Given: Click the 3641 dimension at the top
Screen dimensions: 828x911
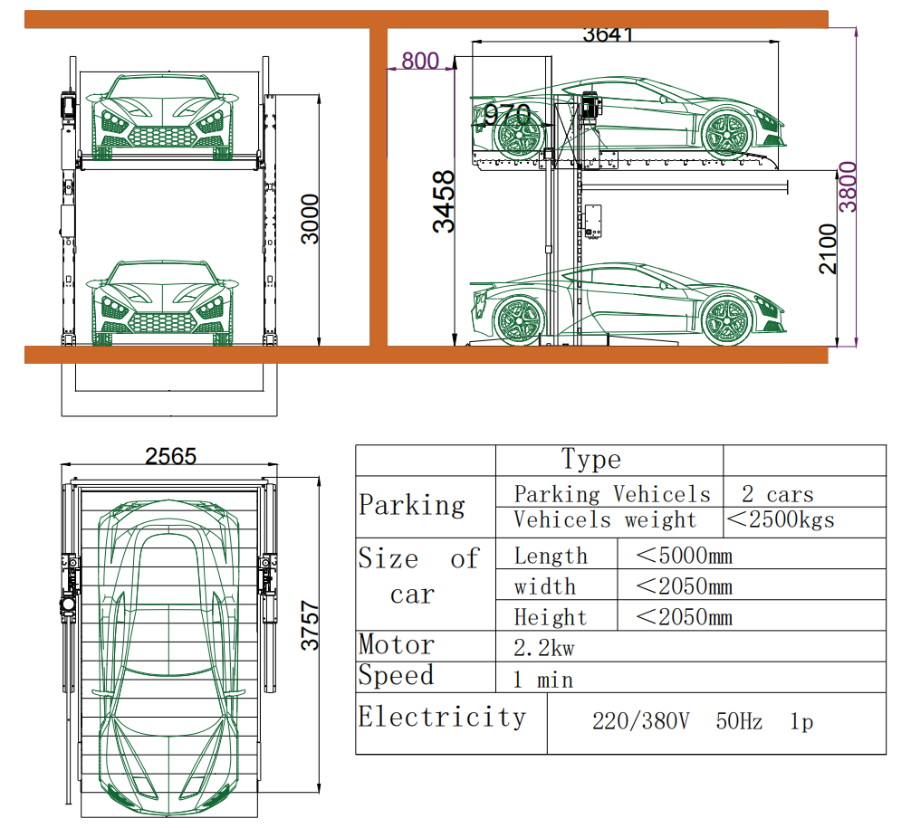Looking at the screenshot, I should coord(608,34).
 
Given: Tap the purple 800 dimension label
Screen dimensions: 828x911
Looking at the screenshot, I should coord(419,62).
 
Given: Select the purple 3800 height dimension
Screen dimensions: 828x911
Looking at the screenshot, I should coord(847,186).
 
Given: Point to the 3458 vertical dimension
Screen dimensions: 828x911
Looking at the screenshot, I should coord(444,201).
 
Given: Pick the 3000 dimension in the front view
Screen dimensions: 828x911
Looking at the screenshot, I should coord(310,218).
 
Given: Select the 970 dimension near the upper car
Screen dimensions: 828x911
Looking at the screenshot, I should coord(506,115).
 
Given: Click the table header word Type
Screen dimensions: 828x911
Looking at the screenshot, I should coord(590,460).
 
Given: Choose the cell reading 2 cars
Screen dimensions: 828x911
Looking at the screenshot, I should coord(777,494).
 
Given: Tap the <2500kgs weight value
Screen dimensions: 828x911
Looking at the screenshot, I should coord(781,519).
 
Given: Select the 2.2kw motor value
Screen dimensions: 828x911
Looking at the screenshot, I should coord(544,648).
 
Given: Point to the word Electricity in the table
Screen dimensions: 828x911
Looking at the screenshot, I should coord(441,718).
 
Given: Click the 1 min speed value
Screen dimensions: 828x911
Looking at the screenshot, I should coord(542,680).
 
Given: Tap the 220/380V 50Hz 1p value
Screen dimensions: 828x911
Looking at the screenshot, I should coord(703,722).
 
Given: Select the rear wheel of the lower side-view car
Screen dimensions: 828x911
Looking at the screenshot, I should coord(518,318).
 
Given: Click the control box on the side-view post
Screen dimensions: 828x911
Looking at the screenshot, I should coord(595,222).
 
